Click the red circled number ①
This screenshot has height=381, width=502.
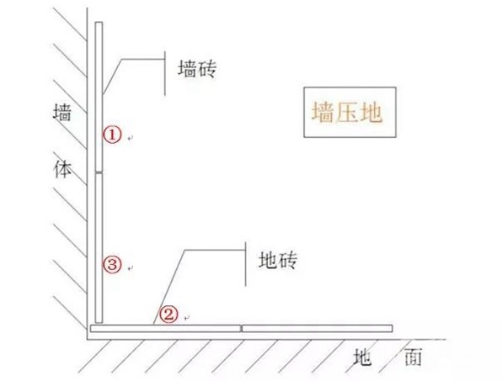pos(112,135)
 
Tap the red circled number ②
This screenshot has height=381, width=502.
pos(168,315)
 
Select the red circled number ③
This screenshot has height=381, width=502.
pos(112,265)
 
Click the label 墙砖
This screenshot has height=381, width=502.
pos(197,69)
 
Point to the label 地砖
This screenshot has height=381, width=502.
pos(278,260)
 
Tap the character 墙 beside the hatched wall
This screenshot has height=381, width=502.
pos(62,112)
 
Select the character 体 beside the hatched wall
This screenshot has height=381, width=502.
pos(62,169)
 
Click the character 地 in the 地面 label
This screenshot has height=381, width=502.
pos(362,357)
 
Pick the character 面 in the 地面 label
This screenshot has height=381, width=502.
pos(413,357)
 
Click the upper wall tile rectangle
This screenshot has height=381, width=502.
pos(99,97)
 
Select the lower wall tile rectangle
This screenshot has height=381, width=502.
pos(99,248)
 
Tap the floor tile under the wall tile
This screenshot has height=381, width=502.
pos(166,328)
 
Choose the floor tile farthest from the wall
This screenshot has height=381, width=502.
pos(318,328)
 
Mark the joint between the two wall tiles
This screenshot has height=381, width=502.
pos(99,172)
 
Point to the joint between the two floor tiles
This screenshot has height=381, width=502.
pos(242,328)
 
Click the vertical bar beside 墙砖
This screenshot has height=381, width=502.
pos(165,73)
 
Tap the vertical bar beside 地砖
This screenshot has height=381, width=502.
pos(246,264)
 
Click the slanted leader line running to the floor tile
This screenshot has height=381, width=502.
pos(169,288)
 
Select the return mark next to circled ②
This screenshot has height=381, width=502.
pos(187,318)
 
